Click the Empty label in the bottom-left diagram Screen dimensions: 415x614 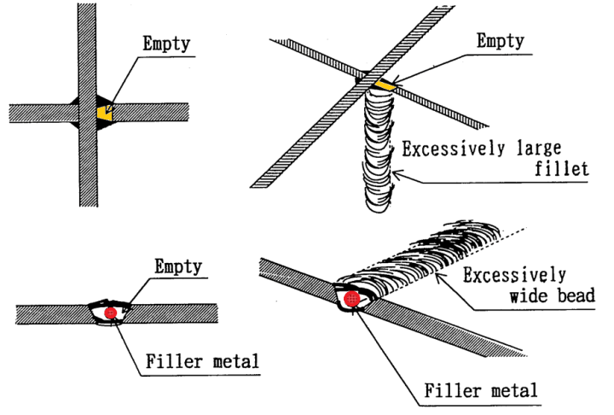click(x=177, y=266)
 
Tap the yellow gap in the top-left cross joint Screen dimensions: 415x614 click(x=105, y=112)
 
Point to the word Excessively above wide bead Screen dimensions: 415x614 click(x=515, y=275)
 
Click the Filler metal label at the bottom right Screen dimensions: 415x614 click(x=482, y=391)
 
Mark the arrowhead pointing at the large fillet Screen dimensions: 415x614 click(x=394, y=176)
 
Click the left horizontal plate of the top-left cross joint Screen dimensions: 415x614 click(x=38, y=113)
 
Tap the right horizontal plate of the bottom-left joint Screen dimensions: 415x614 click(x=179, y=313)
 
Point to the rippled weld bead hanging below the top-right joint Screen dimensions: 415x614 click(x=375, y=154)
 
